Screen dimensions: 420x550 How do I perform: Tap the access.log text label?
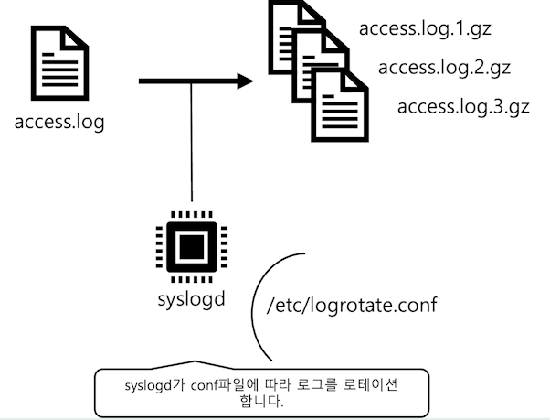click(60, 122)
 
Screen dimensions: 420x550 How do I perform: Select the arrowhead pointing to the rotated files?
click(241, 81)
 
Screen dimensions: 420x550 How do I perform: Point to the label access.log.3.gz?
click(463, 106)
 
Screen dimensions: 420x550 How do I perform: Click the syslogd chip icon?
click(190, 246)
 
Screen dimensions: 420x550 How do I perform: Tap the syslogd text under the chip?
click(190, 299)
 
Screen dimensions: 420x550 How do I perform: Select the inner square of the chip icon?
click(190, 246)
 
